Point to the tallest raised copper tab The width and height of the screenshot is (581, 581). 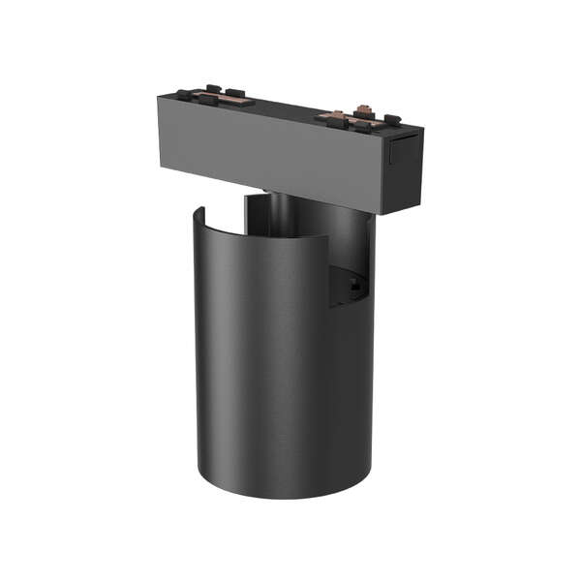click(365, 108)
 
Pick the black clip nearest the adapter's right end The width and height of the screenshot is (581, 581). click(391, 120)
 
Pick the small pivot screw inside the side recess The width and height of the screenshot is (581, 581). click(355, 287)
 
